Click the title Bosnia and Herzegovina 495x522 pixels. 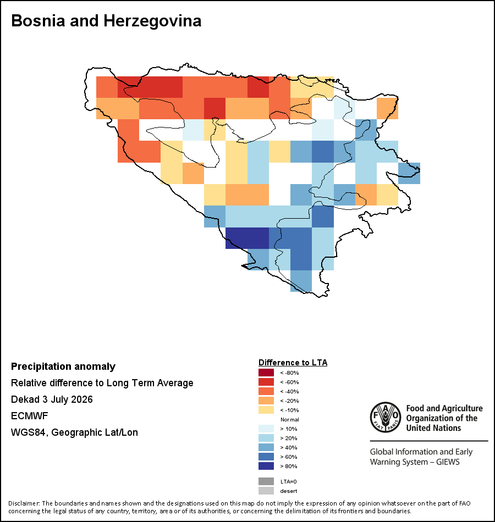(106, 21)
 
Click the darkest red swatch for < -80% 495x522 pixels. (266, 373)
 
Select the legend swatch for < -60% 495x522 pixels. (266, 382)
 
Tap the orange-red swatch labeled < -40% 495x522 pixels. (266, 391)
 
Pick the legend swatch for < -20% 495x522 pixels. (266, 401)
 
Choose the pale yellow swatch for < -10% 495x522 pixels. (266, 410)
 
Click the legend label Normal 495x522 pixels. (290, 419)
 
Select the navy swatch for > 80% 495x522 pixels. (266, 466)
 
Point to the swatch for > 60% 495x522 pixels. (266, 457)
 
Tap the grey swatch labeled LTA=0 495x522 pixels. (266, 481)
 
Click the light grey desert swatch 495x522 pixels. (266, 491)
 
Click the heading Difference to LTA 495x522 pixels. (293, 363)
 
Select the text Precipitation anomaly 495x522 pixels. (63, 366)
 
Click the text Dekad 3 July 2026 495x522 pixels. (52, 399)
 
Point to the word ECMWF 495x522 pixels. (30, 416)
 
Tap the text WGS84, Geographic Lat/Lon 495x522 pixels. (74, 432)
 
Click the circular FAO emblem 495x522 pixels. (386, 417)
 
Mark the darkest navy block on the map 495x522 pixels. (248, 238)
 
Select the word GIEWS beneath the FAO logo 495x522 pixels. (448, 462)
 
